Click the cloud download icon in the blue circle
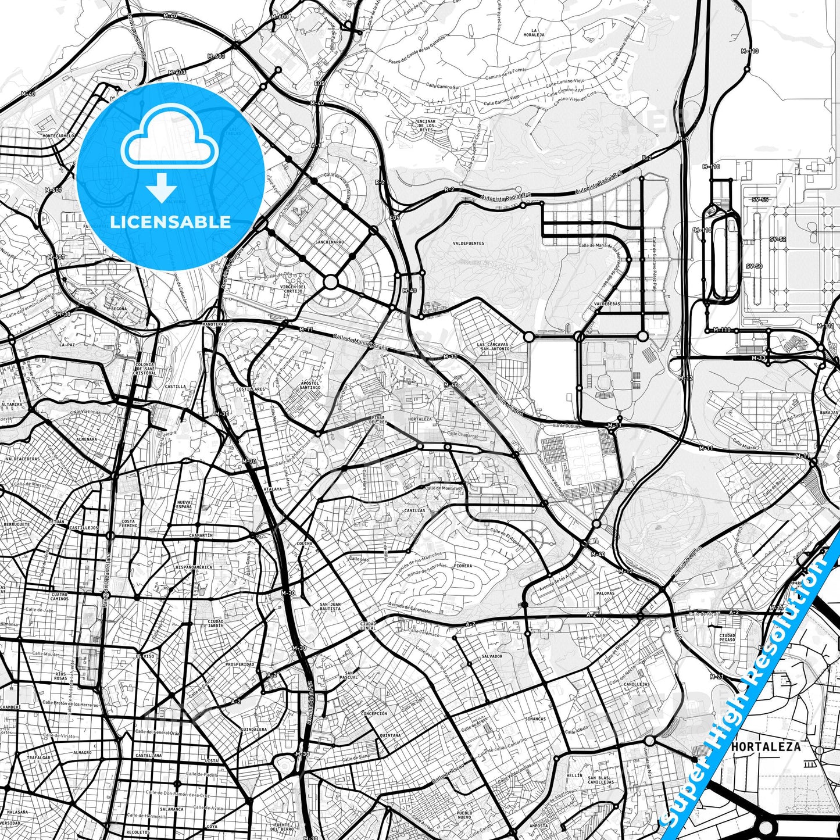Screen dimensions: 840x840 (x=169, y=154)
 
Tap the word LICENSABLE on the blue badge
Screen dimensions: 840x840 (x=170, y=221)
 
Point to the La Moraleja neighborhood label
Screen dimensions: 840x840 (x=538, y=33)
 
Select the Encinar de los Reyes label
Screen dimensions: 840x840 (x=427, y=126)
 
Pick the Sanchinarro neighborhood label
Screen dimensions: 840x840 (x=330, y=242)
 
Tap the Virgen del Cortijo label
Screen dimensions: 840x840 (x=294, y=288)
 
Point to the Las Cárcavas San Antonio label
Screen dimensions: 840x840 (x=494, y=346)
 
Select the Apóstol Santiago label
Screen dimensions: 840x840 (x=310, y=385)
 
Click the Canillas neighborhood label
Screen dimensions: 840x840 (x=415, y=510)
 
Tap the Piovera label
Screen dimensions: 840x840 (x=463, y=565)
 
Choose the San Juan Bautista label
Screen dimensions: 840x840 (x=330, y=607)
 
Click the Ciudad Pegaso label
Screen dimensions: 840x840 (x=727, y=638)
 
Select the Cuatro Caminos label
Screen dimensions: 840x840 (x=59, y=596)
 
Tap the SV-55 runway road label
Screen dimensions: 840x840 (x=760, y=200)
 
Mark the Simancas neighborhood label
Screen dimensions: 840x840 (x=535, y=719)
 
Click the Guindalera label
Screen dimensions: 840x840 (x=254, y=729)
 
